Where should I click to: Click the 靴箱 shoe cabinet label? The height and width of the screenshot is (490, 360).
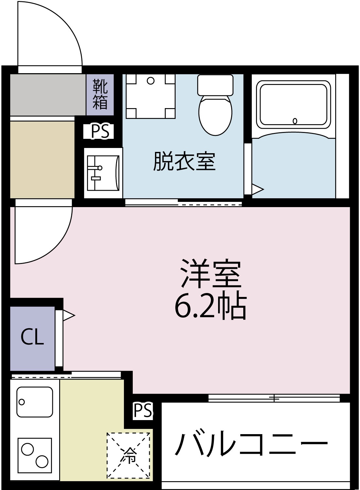pyautogui.click(x=100, y=94)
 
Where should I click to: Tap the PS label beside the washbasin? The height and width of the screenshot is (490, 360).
pyautogui.click(x=100, y=131)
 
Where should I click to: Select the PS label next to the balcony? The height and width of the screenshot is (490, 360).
pyautogui.click(x=143, y=411)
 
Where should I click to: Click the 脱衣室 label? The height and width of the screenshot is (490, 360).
pyautogui.click(x=184, y=161)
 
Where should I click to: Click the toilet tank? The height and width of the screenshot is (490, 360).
pyautogui.click(x=215, y=85)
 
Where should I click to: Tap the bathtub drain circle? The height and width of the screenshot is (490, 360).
pyautogui.click(x=295, y=121)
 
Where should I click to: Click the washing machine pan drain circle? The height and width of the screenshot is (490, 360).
pyautogui.click(x=150, y=81)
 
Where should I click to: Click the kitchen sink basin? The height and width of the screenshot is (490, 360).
pyautogui.click(x=35, y=402)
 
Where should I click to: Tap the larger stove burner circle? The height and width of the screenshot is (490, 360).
pyautogui.click(x=42, y=462)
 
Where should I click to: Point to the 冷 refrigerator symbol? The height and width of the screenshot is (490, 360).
pyautogui.click(x=129, y=455)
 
